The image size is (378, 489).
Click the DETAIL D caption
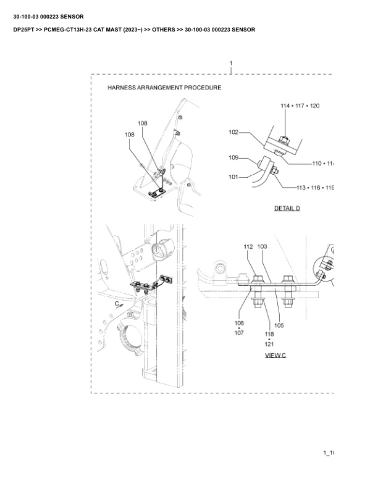(x=287, y=208)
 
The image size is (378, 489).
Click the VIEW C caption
(x=275, y=355)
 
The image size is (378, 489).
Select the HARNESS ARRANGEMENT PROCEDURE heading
(x=164, y=88)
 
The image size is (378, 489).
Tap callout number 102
(x=233, y=132)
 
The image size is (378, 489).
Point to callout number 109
(x=233, y=158)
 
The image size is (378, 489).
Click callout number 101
(x=233, y=177)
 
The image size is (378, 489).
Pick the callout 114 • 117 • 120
(x=300, y=106)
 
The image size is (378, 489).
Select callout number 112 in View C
(x=248, y=246)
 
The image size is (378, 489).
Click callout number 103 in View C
(x=262, y=246)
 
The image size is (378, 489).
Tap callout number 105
(x=279, y=325)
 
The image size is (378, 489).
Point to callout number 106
(x=239, y=323)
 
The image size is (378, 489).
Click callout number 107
(x=239, y=333)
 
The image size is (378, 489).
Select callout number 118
(x=269, y=334)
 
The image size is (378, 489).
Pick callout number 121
(x=269, y=344)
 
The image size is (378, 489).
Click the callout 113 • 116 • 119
(x=314, y=186)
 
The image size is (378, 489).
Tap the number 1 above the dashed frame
(x=231, y=63)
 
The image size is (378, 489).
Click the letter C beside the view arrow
(x=117, y=304)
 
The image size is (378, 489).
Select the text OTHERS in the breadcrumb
(x=159, y=30)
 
